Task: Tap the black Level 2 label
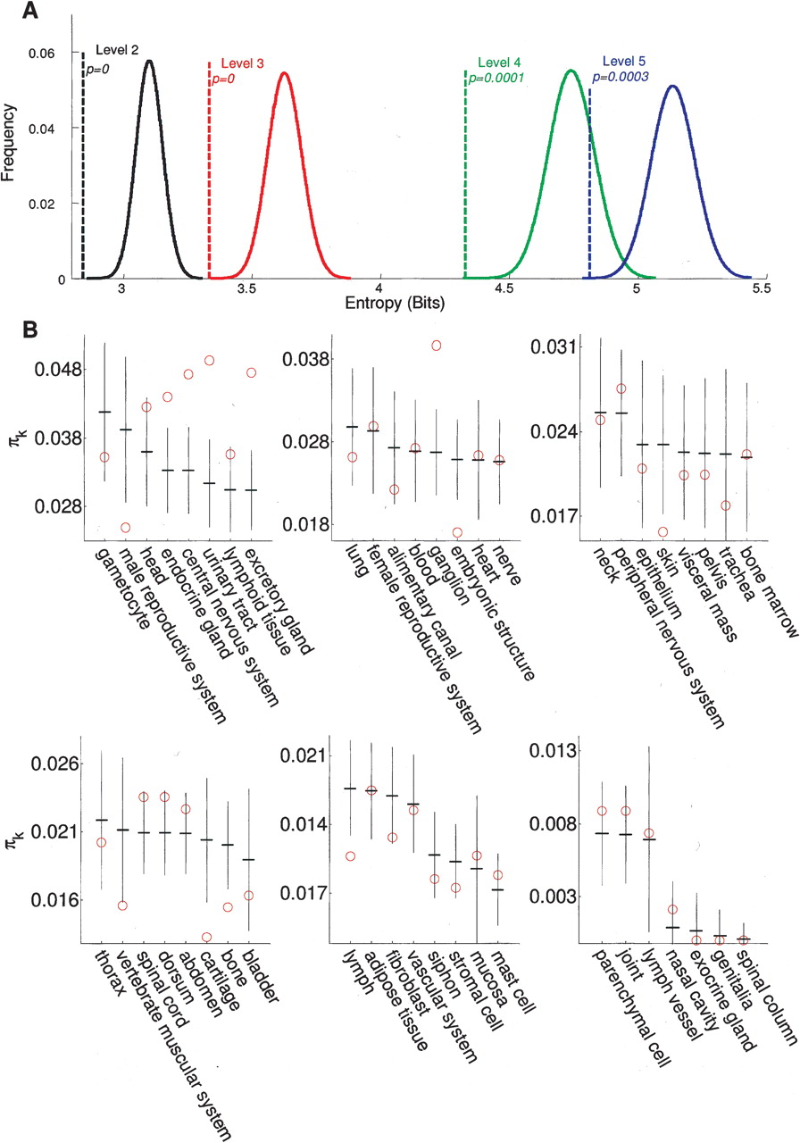[117, 50]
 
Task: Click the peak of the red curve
[284, 73]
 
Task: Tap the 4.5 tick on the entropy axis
[507, 290]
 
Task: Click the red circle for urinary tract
[210, 361]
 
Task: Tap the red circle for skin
[663, 532]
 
